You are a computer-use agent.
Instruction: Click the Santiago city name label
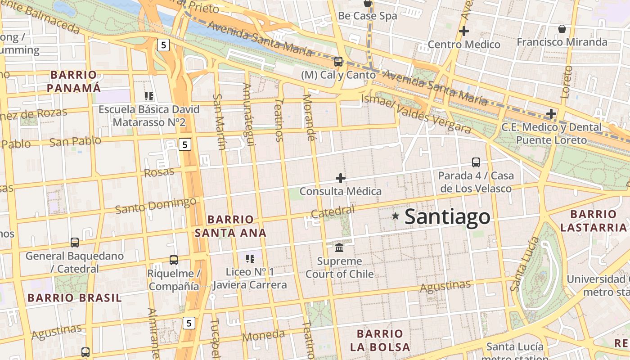pyautogui.click(x=447, y=216)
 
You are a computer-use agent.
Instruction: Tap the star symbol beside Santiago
pyautogui.click(x=396, y=216)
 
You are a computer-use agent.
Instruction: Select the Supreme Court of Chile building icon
pyautogui.click(x=339, y=248)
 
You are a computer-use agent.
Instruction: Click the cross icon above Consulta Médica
pyautogui.click(x=341, y=178)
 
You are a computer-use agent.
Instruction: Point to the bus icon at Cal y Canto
pyautogui.click(x=338, y=62)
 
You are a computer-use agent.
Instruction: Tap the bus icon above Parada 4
pyautogui.click(x=476, y=162)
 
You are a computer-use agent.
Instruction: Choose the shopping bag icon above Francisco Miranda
pyautogui.click(x=562, y=29)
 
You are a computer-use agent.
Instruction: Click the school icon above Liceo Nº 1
pyautogui.click(x=250, y=259)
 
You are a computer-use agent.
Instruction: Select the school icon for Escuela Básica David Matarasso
pyautogui.click(x=149, y=96)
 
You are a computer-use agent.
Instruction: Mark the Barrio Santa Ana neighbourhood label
pyautogui.click(x=230, y=226)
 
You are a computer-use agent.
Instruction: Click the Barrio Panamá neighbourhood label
pyautogui.click(x=74, y=81)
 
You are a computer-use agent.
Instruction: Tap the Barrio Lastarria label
pyautogui.click(x=594, y=220)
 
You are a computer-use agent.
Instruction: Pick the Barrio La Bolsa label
pyautogui.click(x=380, y=340)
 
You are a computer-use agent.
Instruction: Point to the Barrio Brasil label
pyautogui.click(x=74, y=298)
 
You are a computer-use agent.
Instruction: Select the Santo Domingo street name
pyautogui.click(x=156, y=206)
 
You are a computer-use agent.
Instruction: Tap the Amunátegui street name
pyautogui.click(x=249, y=114)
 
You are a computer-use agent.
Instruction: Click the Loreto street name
pyautogui.click(x=567, y=82)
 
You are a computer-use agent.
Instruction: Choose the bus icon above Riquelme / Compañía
pyautogui.click(x=174, y=260)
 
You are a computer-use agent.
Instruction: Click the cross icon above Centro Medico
pyautogui.click(x=463, y=31)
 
